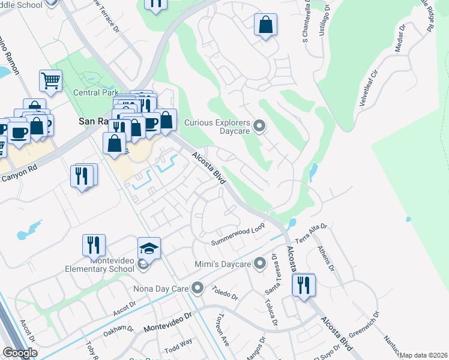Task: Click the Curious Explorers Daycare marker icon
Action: point(259,125)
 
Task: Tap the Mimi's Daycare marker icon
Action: point(259,263)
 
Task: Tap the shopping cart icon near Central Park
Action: point(50,80)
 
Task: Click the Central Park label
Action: point(95,93)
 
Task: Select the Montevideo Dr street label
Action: point(167,323)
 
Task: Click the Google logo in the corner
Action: point(20,353)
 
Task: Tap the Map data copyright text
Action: point(423,355)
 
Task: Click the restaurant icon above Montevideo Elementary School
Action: point(94,244)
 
